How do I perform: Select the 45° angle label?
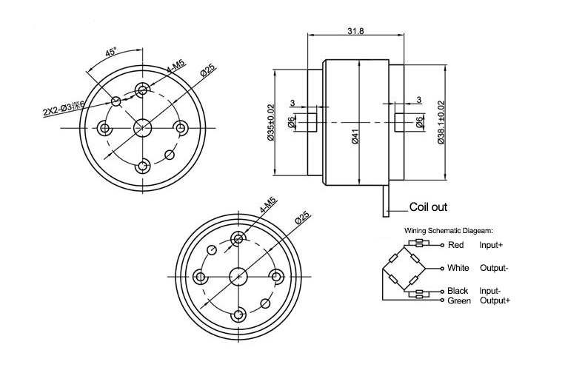pos(111,53)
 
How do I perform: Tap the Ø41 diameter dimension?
pos(355,136)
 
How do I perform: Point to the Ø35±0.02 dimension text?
pos(271,122)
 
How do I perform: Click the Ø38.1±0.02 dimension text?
pos(441,122)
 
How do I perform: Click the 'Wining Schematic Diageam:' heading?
pos(449,231)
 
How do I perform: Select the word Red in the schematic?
pos(456,244)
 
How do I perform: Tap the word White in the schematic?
pos(459,268)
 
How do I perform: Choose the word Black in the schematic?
pos(458,291)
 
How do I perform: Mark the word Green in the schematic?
pos(460,300)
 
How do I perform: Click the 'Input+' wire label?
pos(492,244)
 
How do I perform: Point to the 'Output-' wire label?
pos(494,268)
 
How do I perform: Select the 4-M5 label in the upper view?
pos(175,70)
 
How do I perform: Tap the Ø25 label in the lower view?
pos(302,218)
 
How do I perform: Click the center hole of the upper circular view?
pos(142,128)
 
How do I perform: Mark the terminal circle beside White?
pos(442,268)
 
